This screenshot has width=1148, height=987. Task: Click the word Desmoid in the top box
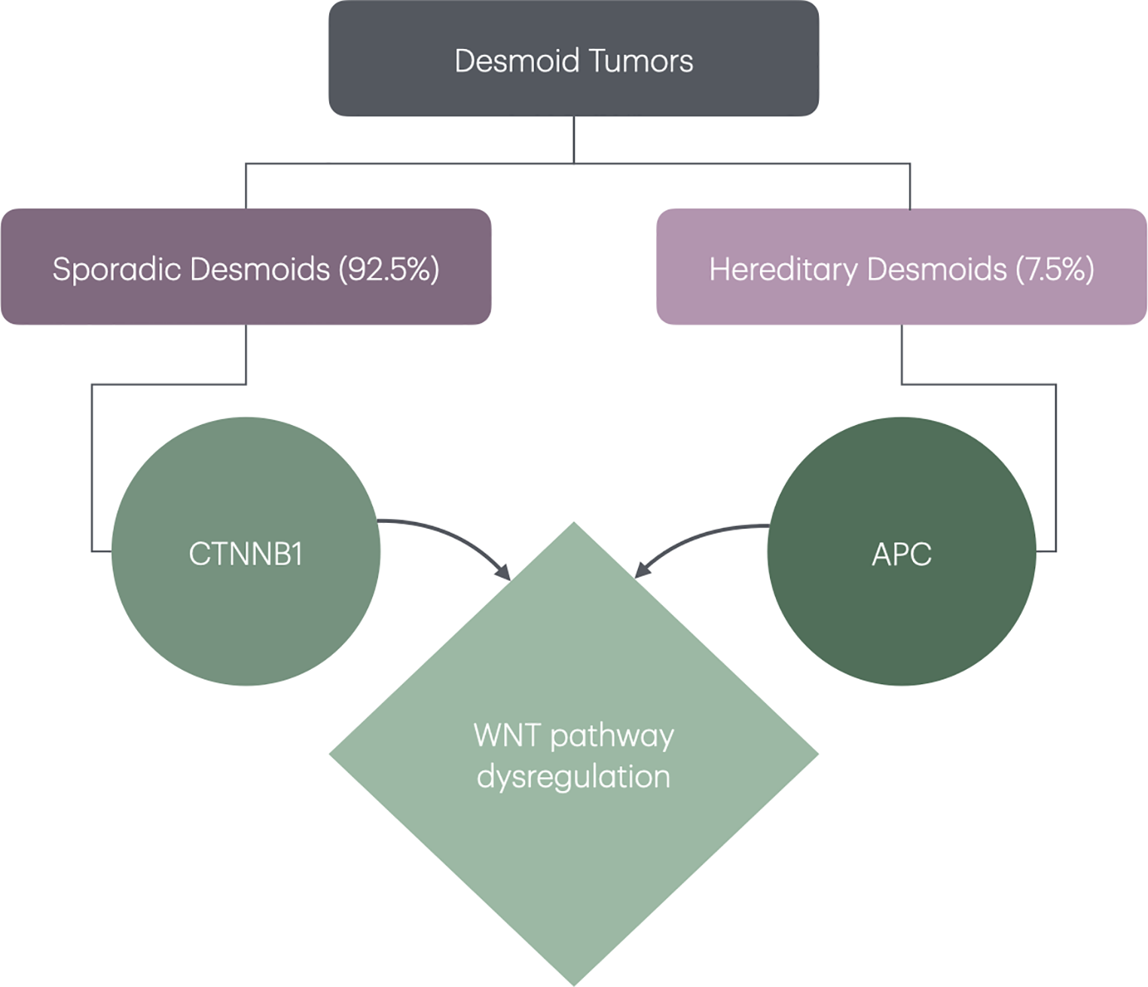pos(517,61)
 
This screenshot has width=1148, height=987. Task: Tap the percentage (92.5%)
pos(389,270)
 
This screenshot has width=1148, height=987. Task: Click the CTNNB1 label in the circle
pos(246,555)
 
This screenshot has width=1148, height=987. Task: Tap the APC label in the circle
pos(902,555)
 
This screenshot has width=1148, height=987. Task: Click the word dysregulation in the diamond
pos(574,777)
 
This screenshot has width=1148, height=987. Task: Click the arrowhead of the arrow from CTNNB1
pos(503,573)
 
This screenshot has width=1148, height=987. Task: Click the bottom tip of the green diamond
pos(574,982)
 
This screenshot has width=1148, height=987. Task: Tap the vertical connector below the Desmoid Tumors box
pos(574,139)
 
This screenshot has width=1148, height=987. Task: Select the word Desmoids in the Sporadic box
pos(260,270)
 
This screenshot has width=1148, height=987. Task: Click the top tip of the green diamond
pos(574,525)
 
